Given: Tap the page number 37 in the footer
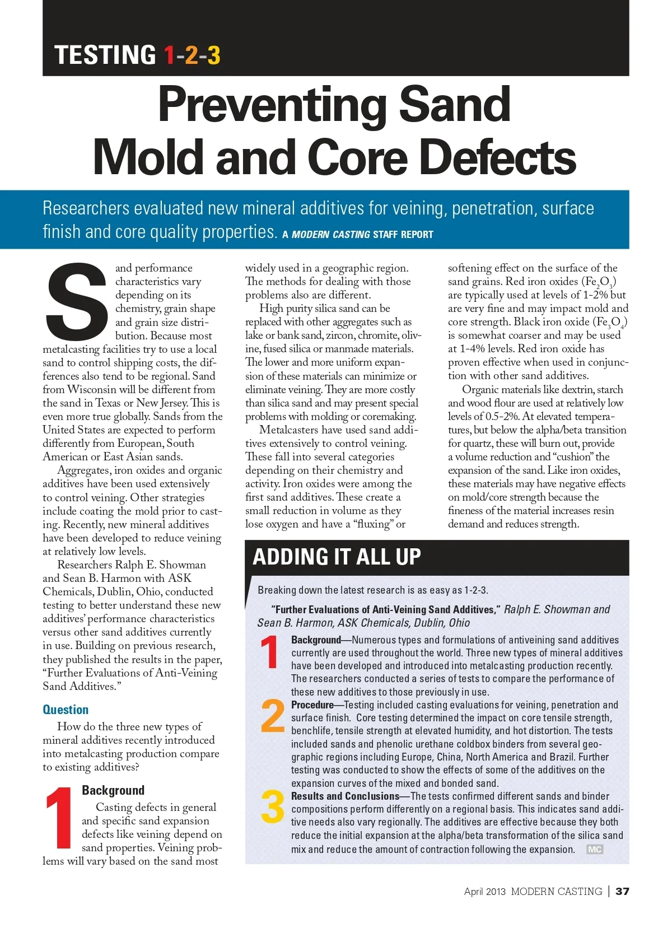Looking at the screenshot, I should click(622, 891).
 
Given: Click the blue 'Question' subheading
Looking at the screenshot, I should click(66, 710).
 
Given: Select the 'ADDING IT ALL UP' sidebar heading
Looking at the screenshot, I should click(337, 557).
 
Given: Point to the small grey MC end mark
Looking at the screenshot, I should click(594, 849).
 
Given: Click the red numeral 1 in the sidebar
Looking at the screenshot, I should click(270, 652).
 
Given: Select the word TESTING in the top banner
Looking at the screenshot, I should click(105, 55).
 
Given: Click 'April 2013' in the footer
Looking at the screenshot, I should click(484, 891).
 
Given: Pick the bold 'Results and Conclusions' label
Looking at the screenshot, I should click(345, 796).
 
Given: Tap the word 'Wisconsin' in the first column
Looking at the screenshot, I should click(92, 389).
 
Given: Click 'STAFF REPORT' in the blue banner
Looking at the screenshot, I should click(403, 234).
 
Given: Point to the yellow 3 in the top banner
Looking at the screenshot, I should click(213, 55).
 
